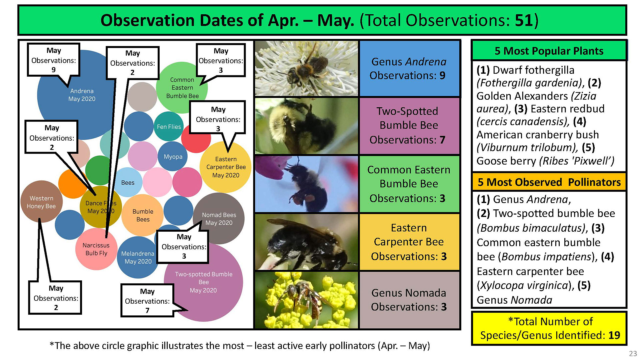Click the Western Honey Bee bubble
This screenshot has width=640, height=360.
click(x=41, y=202)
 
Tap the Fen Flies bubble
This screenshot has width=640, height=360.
click(x=169, y=127)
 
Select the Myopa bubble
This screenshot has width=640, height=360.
click(x=173, y=156)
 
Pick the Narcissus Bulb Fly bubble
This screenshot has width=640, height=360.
click(x=96, y=249)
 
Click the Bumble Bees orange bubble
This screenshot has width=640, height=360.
click(x=143, y=215)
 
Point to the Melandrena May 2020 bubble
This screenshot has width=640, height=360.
click(x=138, y=257)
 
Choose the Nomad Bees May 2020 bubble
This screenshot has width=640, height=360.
click(x=219, y=219)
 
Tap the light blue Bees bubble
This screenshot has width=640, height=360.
click(x=128, y=182)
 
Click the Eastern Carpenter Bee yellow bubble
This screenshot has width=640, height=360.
click(x=226, y=167)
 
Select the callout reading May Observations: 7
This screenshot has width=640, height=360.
click(x=147, y=300)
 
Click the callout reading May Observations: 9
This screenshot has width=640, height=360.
click(x=54, y=60)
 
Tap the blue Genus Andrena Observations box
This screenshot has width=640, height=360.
click(x=409, y=68)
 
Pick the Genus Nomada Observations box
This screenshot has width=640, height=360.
click(x=409, y=300)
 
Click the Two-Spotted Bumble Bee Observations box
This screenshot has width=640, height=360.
click(x=409, y=126)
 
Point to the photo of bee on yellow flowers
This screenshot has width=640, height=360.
click(x=306, y=300)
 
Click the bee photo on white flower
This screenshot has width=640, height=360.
click(x=306, y=68)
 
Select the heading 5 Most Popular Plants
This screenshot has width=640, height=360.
click(x=549, y=51)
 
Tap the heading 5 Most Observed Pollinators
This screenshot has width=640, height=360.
click(x=549, y=182)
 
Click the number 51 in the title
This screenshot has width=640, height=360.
click(x=524, y=20)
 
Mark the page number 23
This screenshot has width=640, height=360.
click(x=633, y=353)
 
